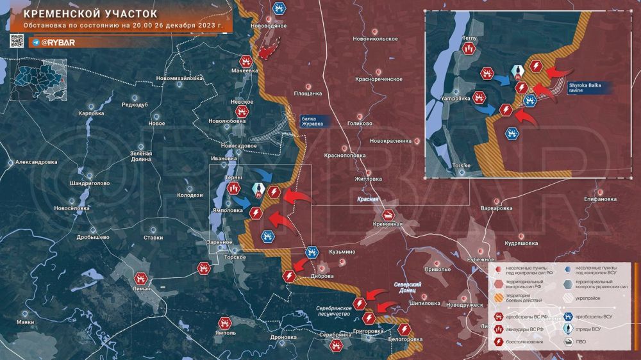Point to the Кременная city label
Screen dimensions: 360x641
(388, 224)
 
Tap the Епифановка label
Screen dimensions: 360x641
(599, 199)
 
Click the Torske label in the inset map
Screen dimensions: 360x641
(462, 165)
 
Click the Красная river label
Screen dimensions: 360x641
(369, 200)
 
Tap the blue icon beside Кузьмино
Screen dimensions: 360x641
(312, 252)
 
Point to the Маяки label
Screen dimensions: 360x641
(26, 322)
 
